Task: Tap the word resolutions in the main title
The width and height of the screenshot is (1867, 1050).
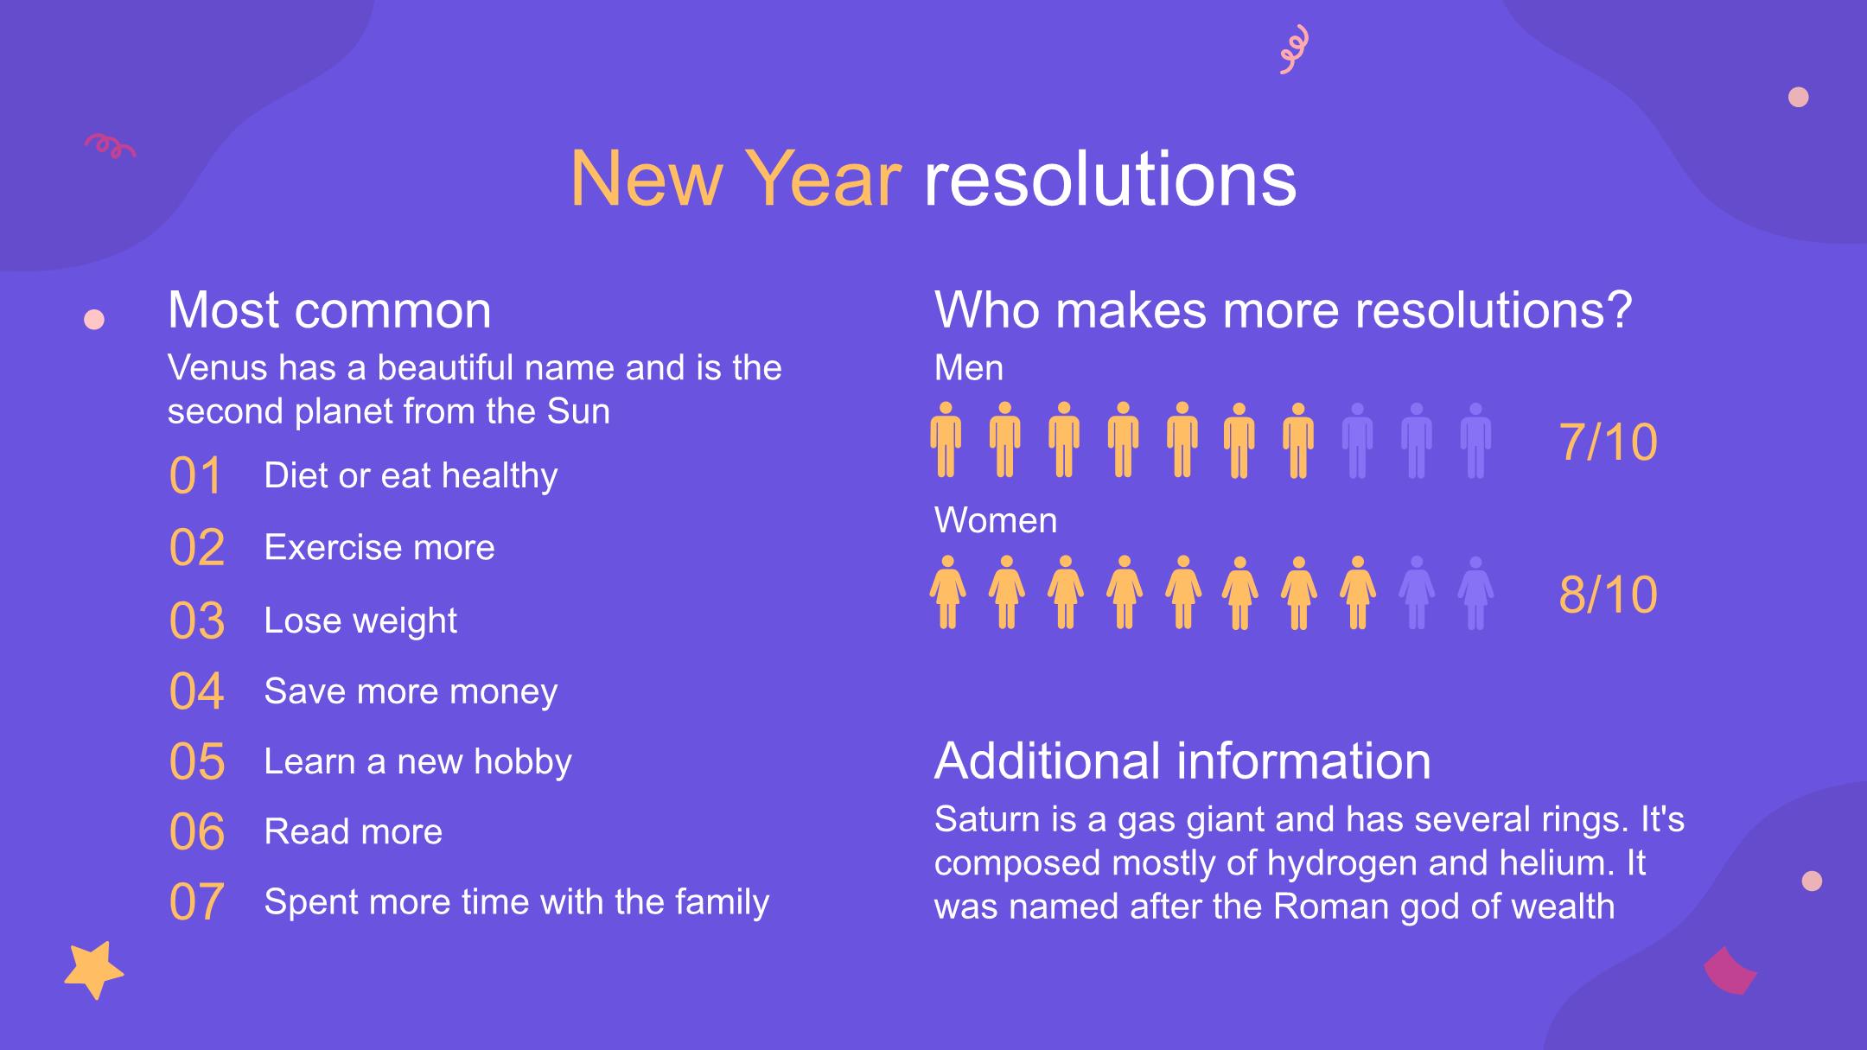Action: coord(1110,179)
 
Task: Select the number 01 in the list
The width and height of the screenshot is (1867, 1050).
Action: coord(196,475)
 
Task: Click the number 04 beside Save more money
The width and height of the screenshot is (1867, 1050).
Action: coord(197,691)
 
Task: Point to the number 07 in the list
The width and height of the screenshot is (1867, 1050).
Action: coord(197,902)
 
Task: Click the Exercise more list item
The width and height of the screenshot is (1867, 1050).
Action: coord(379,547)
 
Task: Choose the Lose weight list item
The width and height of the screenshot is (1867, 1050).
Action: coord(360,621)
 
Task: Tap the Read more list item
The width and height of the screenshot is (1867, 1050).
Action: coord(354,831)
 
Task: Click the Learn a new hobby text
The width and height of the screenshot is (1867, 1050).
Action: coord(418,762)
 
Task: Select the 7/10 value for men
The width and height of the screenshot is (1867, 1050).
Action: coord(1608,442)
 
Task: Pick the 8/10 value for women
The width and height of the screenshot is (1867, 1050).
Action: coord(1608,595)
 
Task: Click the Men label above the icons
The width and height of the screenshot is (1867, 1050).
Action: coord(969,369)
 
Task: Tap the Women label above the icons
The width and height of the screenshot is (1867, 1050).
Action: coord(996,521)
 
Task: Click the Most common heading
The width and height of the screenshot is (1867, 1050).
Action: coord(329,309)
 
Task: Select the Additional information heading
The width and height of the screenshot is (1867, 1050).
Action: coord(1182,760)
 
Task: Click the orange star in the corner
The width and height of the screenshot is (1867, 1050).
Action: coord(93,970)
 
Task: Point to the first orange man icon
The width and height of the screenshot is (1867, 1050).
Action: coord(946,440)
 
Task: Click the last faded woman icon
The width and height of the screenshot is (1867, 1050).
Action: coord(1475,593)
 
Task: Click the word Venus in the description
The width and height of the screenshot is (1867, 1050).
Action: coord(218,368)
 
